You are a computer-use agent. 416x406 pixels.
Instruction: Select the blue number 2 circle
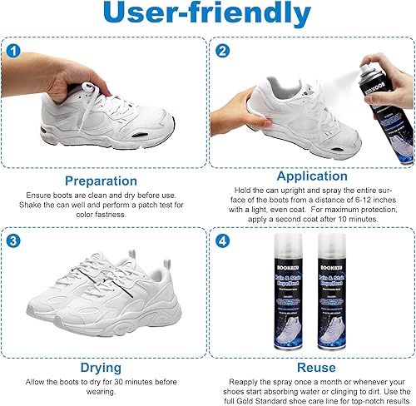222,51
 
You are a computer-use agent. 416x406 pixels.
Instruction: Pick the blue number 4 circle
222,242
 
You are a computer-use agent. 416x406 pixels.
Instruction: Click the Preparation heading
101,180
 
